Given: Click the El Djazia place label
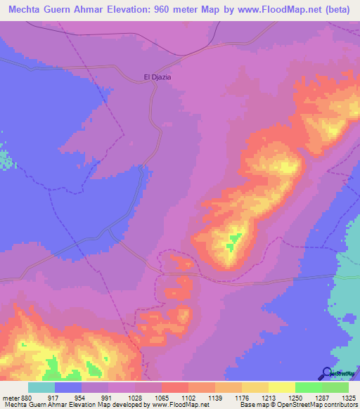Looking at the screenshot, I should click(157, 77).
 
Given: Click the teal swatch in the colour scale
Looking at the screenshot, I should click(41, 388).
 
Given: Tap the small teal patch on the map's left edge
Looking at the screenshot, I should click(6, 160).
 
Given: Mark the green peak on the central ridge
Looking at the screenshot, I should click(231, 244).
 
